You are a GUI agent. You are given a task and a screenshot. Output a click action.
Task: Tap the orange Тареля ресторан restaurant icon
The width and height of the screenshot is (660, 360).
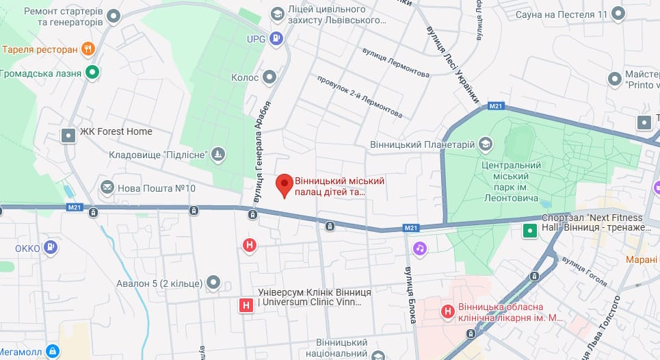[x=88, y=49]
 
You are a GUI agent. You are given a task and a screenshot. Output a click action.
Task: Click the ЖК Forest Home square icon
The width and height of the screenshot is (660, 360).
[x=68, y=135]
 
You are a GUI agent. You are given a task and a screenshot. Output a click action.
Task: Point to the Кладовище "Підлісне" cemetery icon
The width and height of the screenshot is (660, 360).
[x=218, y=155]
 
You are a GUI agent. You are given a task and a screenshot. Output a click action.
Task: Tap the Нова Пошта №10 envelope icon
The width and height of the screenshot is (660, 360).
[x=107, y=188]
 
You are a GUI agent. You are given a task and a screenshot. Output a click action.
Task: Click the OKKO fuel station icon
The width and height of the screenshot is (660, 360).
[x=51, y=247]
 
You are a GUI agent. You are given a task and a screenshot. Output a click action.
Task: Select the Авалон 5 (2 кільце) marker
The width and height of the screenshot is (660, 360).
[x=214, y=282]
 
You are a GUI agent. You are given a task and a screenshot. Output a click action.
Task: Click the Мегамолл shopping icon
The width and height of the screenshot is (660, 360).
[x=53, y=351]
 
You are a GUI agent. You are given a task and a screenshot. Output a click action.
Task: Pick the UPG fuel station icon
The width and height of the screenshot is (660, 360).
[x=276, y=38]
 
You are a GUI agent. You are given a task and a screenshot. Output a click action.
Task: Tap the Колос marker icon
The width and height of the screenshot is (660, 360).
[x=271, y=77]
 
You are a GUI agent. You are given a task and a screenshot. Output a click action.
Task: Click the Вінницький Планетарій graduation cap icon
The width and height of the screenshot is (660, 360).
[x=485, y=144]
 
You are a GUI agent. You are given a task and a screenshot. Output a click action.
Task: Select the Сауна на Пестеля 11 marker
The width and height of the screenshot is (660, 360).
[x=618, y=14]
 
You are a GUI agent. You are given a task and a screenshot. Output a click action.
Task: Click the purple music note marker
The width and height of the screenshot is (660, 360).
[x=420, y=248]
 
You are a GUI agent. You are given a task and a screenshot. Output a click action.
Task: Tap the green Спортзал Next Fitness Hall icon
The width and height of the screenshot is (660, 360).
[x=529, y=231]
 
